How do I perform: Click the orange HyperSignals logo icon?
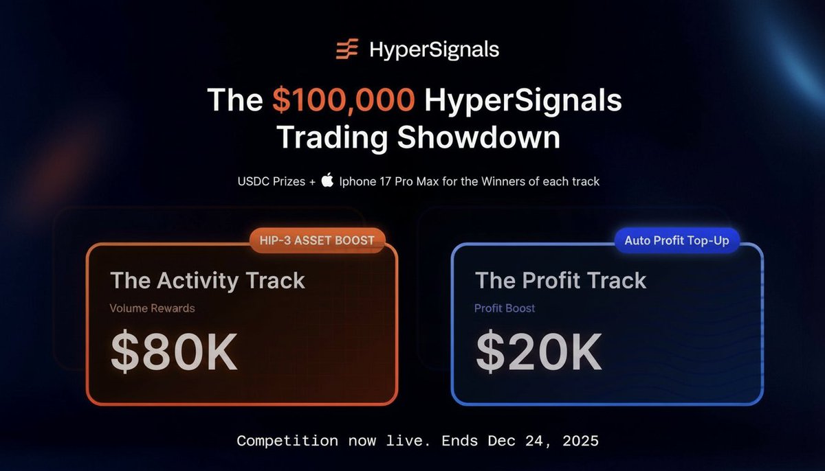[x=346, y=49]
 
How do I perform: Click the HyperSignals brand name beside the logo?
[x=434, y=50]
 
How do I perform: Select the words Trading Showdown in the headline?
[x=418, y=137]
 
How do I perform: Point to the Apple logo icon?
[x=327, y=182]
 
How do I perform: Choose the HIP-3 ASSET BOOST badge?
[x=317, y=240]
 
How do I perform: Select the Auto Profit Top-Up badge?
[x=676, y=241]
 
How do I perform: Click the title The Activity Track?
[x=208, y=280]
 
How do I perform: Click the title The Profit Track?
[x=560, y=280]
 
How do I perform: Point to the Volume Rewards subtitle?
[x=152, y=308]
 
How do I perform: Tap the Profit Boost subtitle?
[x=505, y=308]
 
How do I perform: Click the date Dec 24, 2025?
[x=543, y=441]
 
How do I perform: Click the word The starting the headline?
[x=235, y=101]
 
